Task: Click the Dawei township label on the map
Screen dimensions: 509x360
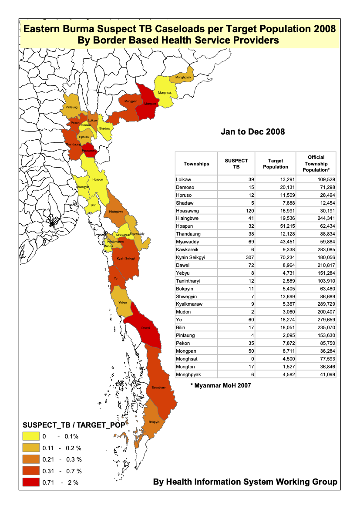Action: coord(145,328)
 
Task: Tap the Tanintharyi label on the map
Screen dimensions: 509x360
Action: coord(159,387)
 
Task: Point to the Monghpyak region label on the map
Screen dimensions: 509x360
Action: coord(183,78)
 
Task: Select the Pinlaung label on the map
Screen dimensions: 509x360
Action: coord(72,107)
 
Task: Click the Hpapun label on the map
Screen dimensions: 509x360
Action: coord(98,179)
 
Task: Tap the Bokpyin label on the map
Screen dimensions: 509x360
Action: coord(154,422)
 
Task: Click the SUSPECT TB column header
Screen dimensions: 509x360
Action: coord(236,164)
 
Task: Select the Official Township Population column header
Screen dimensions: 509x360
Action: coord(316,163)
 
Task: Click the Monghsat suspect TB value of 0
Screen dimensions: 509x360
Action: coord(252,358)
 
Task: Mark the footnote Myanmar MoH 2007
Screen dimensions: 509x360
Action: coord(221,385)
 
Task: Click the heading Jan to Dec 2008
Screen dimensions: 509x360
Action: coord(252,131)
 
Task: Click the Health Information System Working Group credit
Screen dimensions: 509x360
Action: coord(245,482)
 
